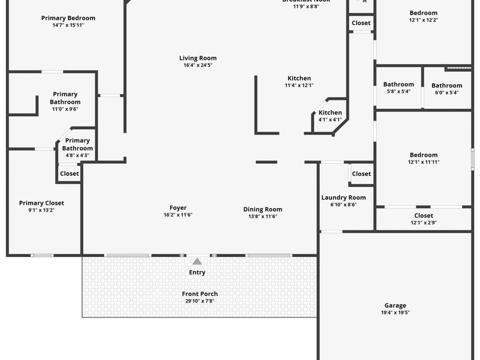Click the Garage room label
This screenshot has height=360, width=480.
pyautogui.click(x=395, y=306)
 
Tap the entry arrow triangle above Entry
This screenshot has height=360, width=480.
pyautogui.click(x=197, y=261)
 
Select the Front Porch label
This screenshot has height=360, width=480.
pyautogui.click(x=200, y=294)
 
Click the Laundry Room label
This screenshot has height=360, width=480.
pyautogui.click(x=343, y=197)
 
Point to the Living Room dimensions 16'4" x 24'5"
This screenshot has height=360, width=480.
pyautogui.click(x=198, y=65)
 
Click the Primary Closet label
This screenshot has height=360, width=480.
pyautogui.click(x=42, y=203)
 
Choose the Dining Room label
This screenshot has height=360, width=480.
pyautogui.click(x=262, y=209)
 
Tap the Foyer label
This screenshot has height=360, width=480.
pyautogui.click(x=178, y=208)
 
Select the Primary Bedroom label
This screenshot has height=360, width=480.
pyautogui.click(x=68, y=18)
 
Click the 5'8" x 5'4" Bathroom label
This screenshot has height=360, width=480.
pyautogui.click(x=398, y=84)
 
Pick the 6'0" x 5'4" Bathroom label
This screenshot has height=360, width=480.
pyautogui.click(x=447, y=85)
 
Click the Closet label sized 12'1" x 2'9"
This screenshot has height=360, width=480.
pyautogui.click(x=423, y=215)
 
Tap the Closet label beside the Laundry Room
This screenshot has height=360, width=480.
pyautogui.click(x=361, y=174)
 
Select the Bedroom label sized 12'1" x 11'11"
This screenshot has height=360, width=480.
pyautogui.click(x=423, y=155)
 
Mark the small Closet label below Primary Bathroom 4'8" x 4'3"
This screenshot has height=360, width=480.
pyautogui.click(x=69, y=173)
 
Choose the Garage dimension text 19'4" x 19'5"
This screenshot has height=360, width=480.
pyautogui.click(x=395, y=313)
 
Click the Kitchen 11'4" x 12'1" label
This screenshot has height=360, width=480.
pyautogui.click(x=299, y=78)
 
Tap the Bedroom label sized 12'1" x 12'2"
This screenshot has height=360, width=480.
pyautogui.click(x=423, y=13)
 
